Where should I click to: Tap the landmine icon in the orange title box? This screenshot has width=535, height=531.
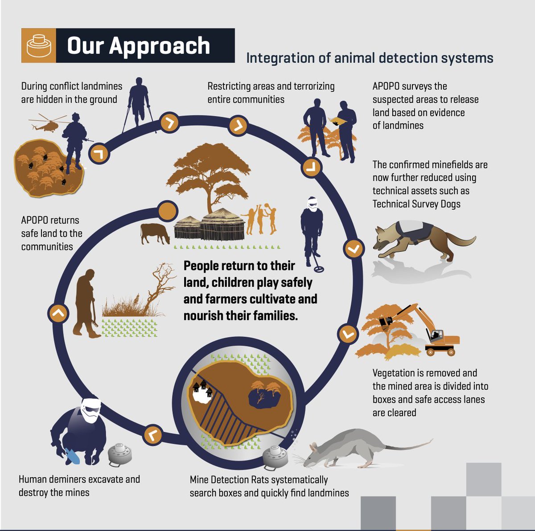(x=39, y=45)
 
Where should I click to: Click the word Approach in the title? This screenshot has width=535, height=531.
(x=159, y=46)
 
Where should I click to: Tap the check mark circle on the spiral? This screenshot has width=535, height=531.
(x=354, y=249)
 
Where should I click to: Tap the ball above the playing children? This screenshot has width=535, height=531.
(x=266, y=206)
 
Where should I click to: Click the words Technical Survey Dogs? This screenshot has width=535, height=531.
(x=416, y=204)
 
